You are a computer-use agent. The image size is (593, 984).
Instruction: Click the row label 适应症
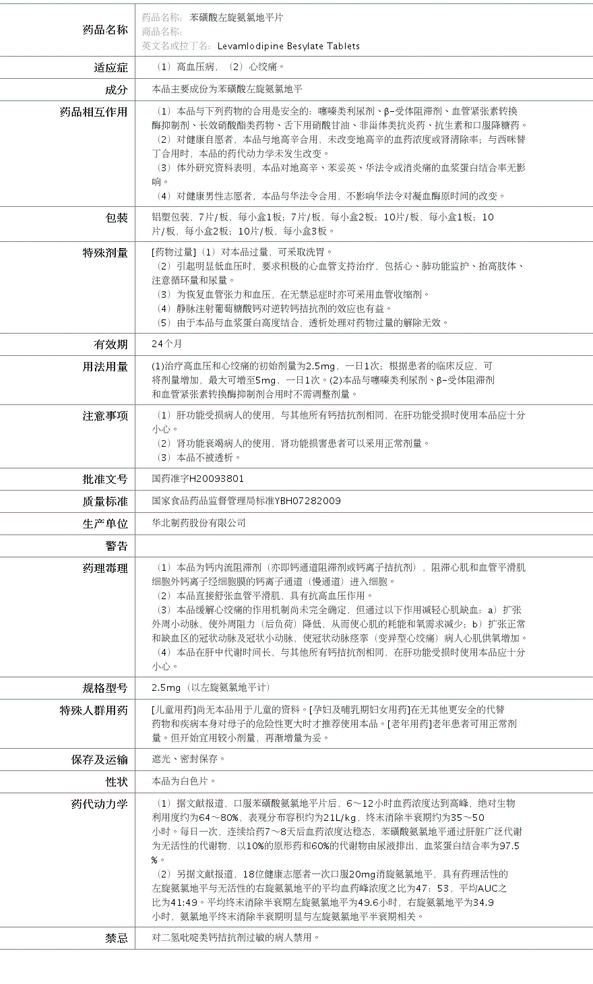click(111, 67)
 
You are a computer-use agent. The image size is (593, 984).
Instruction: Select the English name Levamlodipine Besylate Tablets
click(288, 47)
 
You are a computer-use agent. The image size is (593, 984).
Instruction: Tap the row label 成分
click(116, 90)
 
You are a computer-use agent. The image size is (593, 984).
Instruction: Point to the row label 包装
click(116, 218)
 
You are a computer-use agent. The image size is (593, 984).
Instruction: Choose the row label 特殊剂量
click(105, 253)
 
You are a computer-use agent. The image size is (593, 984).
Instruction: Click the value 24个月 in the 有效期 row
click(167, 344)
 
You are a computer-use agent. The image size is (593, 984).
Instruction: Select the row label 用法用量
click(105, 367)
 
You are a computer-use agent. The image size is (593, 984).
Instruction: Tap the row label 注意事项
click(105, 416)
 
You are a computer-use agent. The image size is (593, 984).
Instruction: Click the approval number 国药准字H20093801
click(198, 479)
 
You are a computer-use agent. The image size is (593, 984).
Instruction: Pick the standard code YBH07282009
click(307, 501)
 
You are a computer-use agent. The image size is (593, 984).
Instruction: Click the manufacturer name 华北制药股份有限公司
click(199, 523)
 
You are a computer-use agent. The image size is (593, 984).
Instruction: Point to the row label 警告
click(116, 546)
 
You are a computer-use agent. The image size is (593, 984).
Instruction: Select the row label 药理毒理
click(105, 568)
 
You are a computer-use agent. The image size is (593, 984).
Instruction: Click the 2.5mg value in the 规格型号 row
click(166, 687)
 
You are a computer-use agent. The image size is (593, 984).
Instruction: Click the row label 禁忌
click(116, 937)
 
